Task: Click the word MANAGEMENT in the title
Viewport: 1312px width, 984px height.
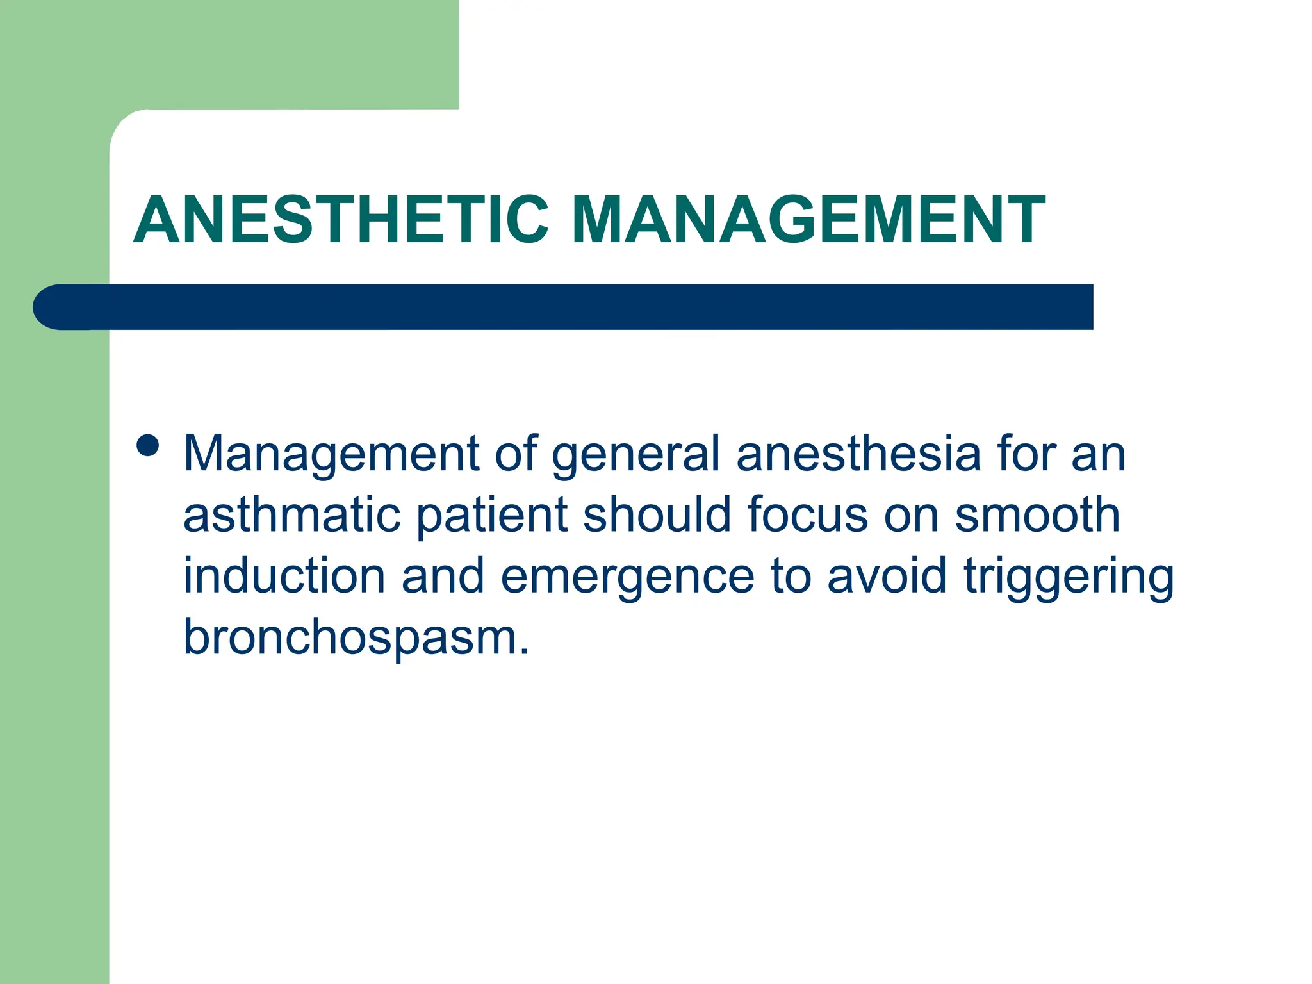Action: [x=808, y=220]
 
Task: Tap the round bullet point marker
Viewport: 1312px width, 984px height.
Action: [x=148, y=445]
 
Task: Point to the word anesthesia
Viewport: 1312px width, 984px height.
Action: [x=858, y=454]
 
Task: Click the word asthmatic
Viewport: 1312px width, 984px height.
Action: [x=291, y=515]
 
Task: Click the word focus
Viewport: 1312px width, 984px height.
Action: [x=807, y=514]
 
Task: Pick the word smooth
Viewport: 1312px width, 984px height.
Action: [x=1037, y=514]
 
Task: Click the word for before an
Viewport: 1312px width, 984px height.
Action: [x=1026, y=454]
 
